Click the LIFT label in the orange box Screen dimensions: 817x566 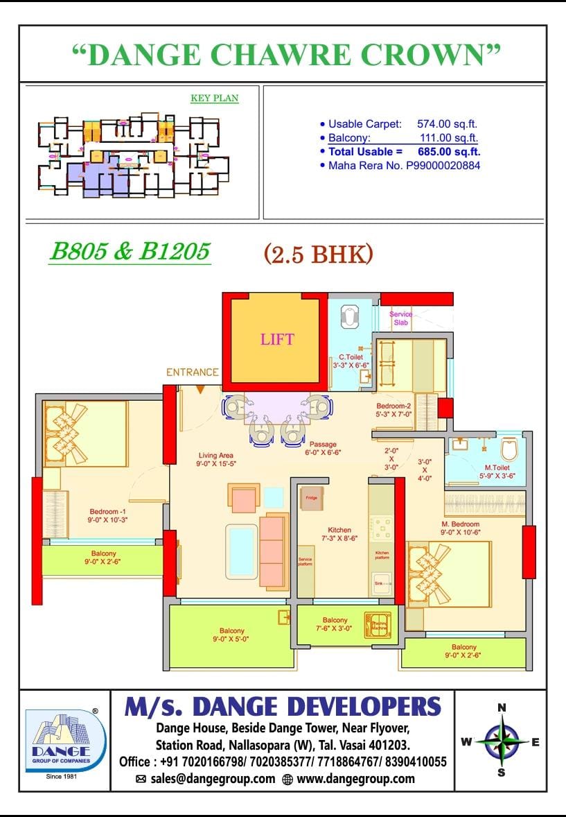pos(277,339)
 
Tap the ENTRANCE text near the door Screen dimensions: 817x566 pos(192,372)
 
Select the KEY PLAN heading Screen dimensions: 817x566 pos(214,98)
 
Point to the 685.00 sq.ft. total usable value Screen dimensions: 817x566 pos(449,151)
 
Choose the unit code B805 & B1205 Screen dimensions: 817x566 pos(129,251)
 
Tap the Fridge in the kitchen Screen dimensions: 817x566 pos(310,497)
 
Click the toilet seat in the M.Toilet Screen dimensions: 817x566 pos(509,450)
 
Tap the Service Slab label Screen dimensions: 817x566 pos(400,319)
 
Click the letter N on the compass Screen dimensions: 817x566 pos(502,707)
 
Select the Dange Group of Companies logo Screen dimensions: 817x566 pos(65,740)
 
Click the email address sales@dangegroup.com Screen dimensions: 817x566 pos(212,779)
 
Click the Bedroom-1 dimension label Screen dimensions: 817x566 pos(107,515)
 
